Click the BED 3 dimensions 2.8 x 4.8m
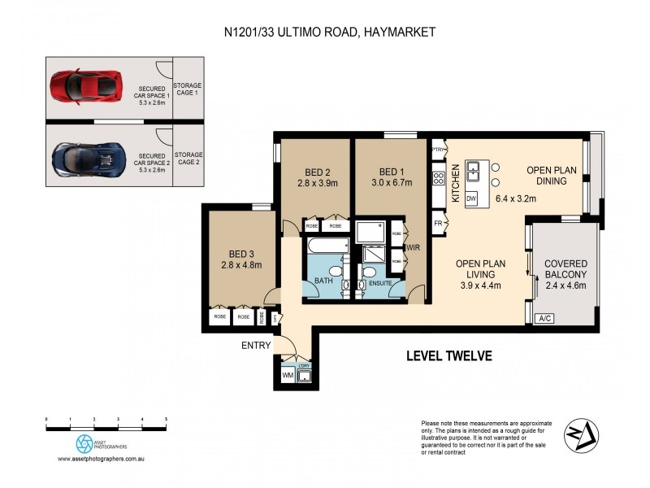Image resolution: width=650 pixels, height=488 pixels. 240,264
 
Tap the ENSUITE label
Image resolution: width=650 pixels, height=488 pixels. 380,283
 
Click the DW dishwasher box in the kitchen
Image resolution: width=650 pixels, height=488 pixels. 473,198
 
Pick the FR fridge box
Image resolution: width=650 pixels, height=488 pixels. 438,222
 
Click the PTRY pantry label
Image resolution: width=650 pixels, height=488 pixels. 438,151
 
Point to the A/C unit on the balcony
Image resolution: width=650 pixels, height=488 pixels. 545,318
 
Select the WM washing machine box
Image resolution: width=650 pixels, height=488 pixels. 287,376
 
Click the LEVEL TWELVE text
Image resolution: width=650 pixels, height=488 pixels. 448,356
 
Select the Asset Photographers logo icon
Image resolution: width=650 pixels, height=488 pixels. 84,443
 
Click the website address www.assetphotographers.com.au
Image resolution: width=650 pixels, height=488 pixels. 101,460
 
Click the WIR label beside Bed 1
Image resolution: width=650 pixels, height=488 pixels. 412,246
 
